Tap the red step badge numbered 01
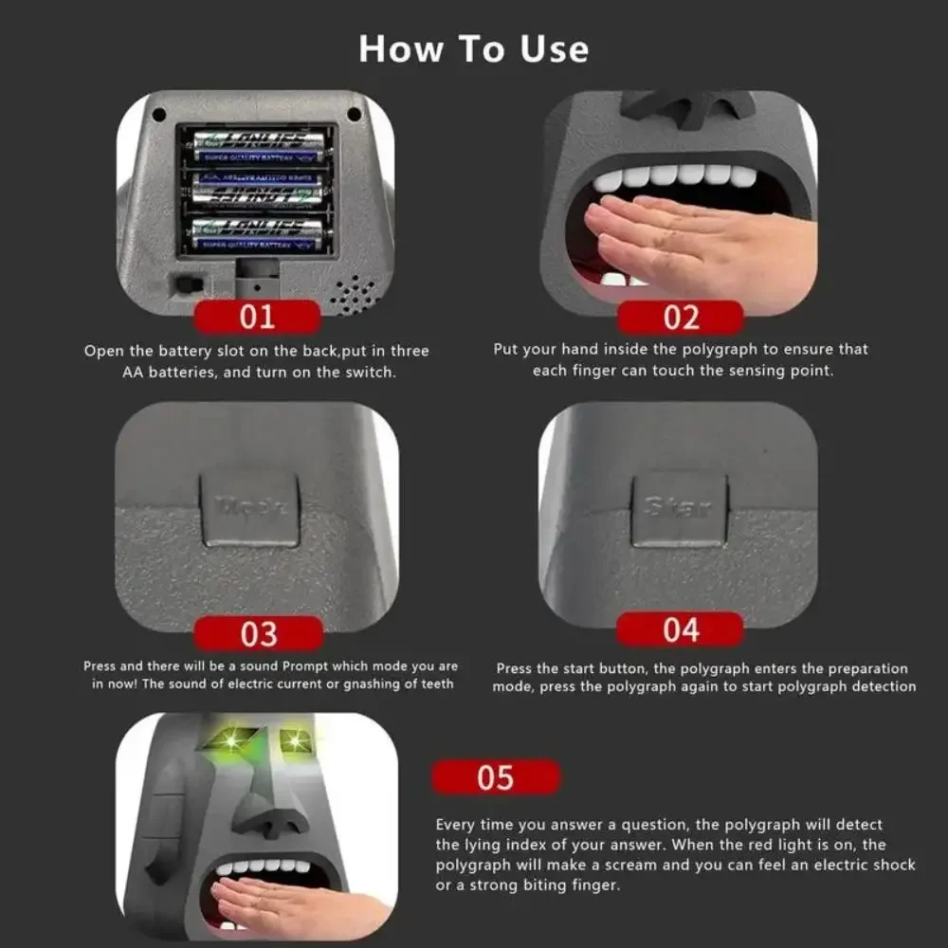pyautogui.click(x=257, y=316)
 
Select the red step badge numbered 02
pyautogui.click(x=680, y=316)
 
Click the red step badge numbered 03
pyautogui.click(x=258, y=632)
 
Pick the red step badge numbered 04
pyautogui.click(x=680, y=629)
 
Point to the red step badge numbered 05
pyautogui.click(x=495, y=777)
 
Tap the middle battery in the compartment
pyautogui.click(x=257, y=191)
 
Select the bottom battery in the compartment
pyautogui.click(x=257, y=234)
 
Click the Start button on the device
pyautogui.click(x=679, y=509)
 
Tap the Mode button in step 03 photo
pyautogui.click(x=251, y=509)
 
